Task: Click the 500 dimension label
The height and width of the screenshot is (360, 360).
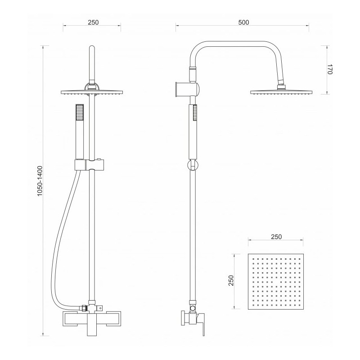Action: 243,22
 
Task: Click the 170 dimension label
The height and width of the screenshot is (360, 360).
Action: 330,69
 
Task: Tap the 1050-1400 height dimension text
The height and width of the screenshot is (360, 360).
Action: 40,181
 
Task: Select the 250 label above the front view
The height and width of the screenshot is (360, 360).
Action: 93,22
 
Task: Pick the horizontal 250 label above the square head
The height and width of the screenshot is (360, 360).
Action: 276,237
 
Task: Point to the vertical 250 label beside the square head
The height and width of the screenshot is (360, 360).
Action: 231,280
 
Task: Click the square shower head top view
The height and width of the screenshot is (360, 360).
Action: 276,282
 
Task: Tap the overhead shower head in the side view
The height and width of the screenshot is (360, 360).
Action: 281,92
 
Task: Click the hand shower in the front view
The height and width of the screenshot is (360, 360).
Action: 80,132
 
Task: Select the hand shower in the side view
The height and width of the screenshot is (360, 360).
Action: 193,132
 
